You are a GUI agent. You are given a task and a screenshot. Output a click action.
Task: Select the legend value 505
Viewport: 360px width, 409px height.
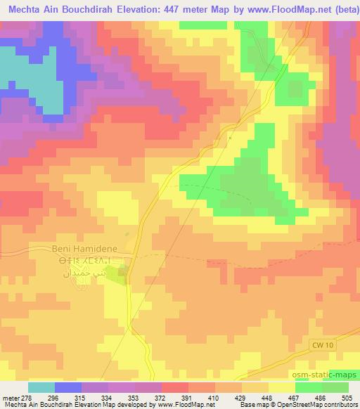tap(347, 398)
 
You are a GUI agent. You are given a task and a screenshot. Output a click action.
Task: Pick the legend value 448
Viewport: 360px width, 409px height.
tap(267, 398)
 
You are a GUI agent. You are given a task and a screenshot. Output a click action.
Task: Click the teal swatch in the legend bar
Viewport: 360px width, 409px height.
tap(41, 387)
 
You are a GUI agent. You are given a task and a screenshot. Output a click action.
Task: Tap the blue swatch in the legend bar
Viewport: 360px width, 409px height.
tap(68, 387)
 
